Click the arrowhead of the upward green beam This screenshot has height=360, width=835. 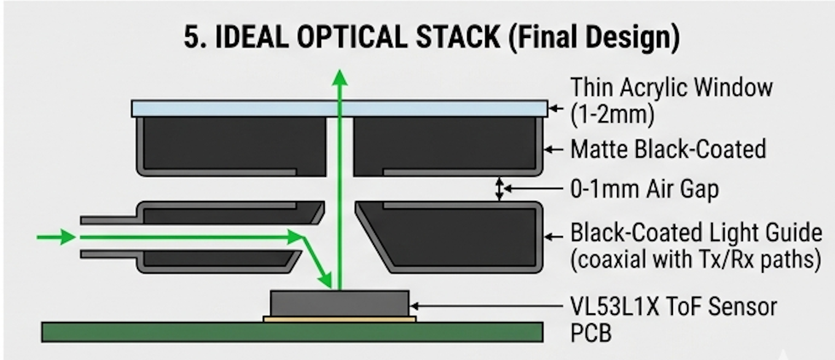pyautogui.click(x=340, y=78)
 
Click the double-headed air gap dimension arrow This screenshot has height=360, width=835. pyautogui.click(x=500, y=189)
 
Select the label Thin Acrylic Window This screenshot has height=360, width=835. pyautogui.click(x=671, y=87)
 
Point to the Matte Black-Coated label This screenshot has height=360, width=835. pyautogui.click(x=668, y=149)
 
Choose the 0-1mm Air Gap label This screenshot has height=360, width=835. pyautogui.click(x=644, y=190)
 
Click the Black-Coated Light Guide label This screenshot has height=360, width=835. pyautogui.click(x=696, y=233)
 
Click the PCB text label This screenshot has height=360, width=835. pyautogui.click(x=591, y=332)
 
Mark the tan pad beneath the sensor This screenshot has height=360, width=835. pyautogui.click(x=340, y=319)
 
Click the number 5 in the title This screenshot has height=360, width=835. pyautogui.click(x=190, y=38)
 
